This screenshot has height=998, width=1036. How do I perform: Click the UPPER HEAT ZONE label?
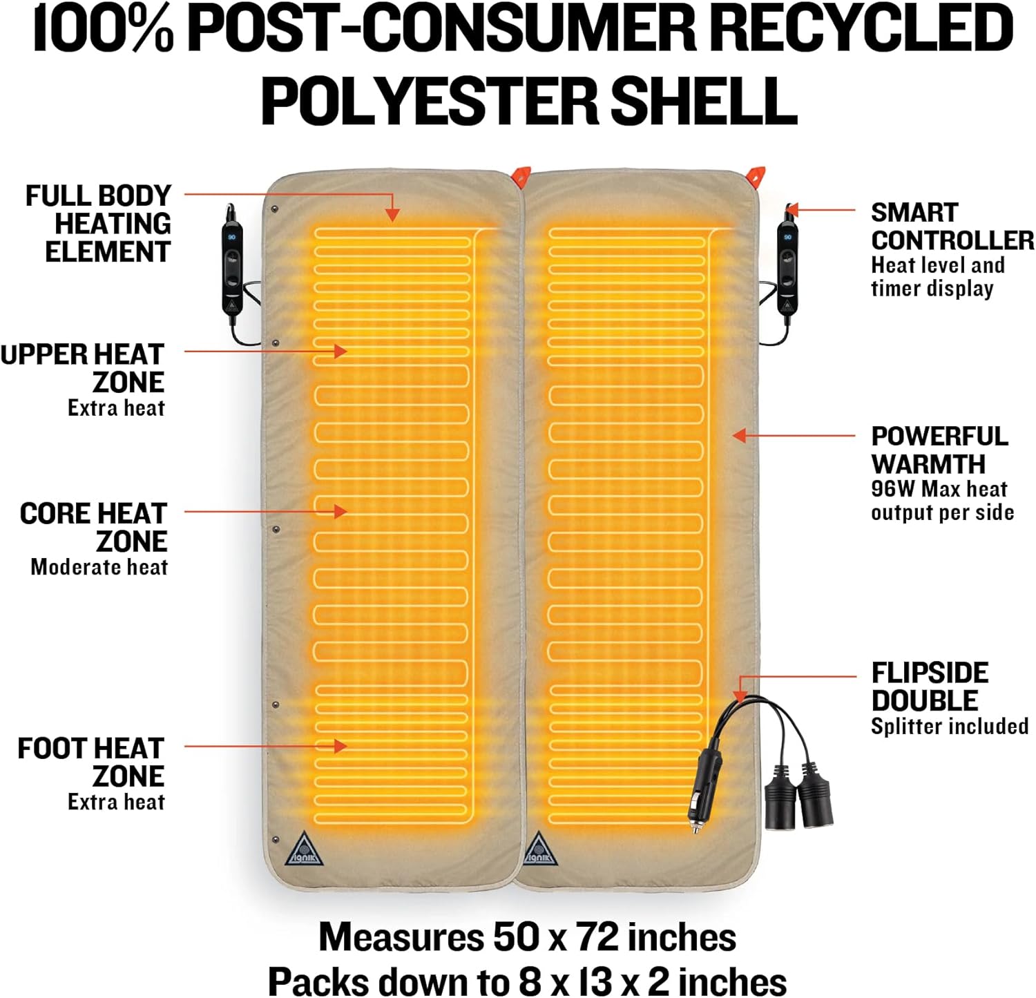point(83,368)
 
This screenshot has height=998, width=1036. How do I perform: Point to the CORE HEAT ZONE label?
point(94,527)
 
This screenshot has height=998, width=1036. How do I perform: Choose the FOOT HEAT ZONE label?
point(91,762)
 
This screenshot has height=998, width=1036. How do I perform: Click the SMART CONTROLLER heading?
point(952,227)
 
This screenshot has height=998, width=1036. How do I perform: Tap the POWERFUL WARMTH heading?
point(939,450)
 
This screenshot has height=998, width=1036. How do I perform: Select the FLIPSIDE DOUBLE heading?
point(929,687)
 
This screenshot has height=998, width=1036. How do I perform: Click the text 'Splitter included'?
point(950,727)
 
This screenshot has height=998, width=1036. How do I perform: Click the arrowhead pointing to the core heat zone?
point(340,511)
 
